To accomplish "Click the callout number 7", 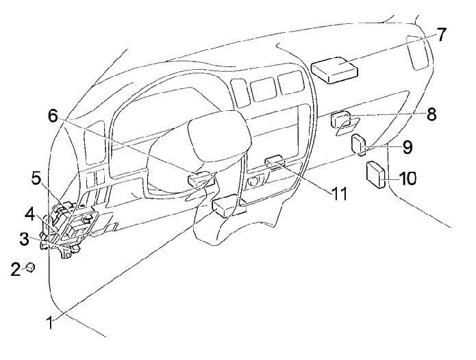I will tap(442, 35).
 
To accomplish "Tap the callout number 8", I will tap(431, 114).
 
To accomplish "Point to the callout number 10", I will tap(407, 179).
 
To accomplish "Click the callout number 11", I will tap(340, 194).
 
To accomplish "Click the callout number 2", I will tap(15, 269).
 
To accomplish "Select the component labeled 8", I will tap(340, 121).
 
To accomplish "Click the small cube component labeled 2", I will tap(30, 267).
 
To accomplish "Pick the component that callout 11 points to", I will tap(275, 162).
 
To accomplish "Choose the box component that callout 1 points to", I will tap(225, 205).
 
